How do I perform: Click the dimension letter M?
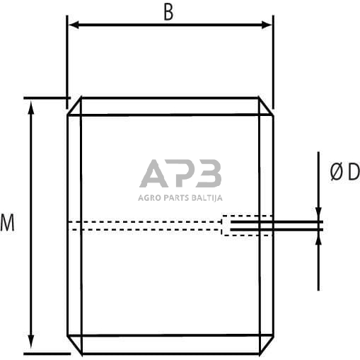pos(7,224)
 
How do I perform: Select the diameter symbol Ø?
pos(337,172)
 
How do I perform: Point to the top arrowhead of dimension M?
pos(31,105)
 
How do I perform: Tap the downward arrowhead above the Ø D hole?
pos(318,215)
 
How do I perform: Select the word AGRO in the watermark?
pos(149,197)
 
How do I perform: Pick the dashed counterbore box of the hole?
pos(248,226)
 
